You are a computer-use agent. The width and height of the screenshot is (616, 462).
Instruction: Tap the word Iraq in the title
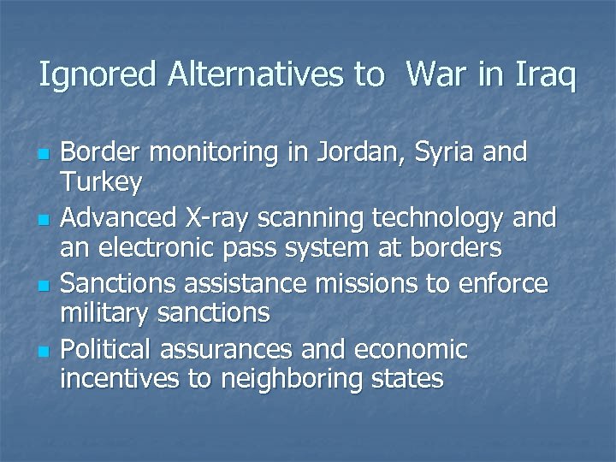pyautogui.click(x=545, y=76)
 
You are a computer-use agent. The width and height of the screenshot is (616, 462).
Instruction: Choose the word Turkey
pyautogui.click(x=101, y=182)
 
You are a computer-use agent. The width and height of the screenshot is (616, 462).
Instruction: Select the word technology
pyautogui.click(x=437, y=219)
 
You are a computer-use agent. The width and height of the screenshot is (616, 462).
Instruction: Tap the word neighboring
pyautogui.click(x=292, y=379)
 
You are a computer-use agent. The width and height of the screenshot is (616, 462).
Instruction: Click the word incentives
pyautogui.click(x=120, y=379)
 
